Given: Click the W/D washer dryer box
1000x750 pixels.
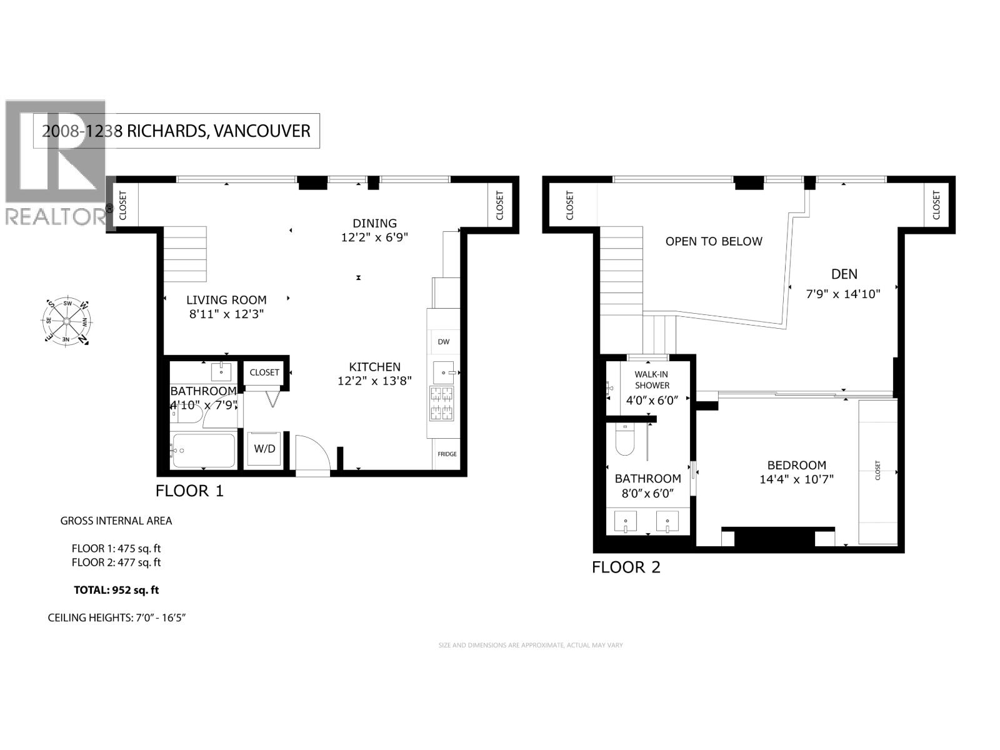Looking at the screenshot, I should (264, 449).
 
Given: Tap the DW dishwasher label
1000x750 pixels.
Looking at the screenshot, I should (444, 342).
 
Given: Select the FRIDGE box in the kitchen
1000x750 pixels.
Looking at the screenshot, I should (447, 454).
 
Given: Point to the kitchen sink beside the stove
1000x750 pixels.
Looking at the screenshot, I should (445, 373).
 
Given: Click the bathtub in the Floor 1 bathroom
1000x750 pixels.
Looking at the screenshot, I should (203, 450).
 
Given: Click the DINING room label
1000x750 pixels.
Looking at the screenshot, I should (374, 223).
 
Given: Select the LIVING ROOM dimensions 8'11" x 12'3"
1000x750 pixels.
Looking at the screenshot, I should (227, 314).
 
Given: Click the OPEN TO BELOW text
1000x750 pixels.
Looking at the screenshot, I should (714, 241).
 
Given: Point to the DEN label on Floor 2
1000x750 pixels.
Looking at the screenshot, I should (844, 274).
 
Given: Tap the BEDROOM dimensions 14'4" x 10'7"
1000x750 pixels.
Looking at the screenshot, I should (796, 479).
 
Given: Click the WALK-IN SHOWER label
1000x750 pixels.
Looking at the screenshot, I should (652, 379).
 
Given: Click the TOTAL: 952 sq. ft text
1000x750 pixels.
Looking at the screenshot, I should (116, 589).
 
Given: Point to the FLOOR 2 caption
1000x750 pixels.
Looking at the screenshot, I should (626, 567).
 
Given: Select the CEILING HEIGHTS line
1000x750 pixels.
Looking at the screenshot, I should (117, 617).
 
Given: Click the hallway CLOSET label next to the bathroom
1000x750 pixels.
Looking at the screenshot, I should (264, 372).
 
